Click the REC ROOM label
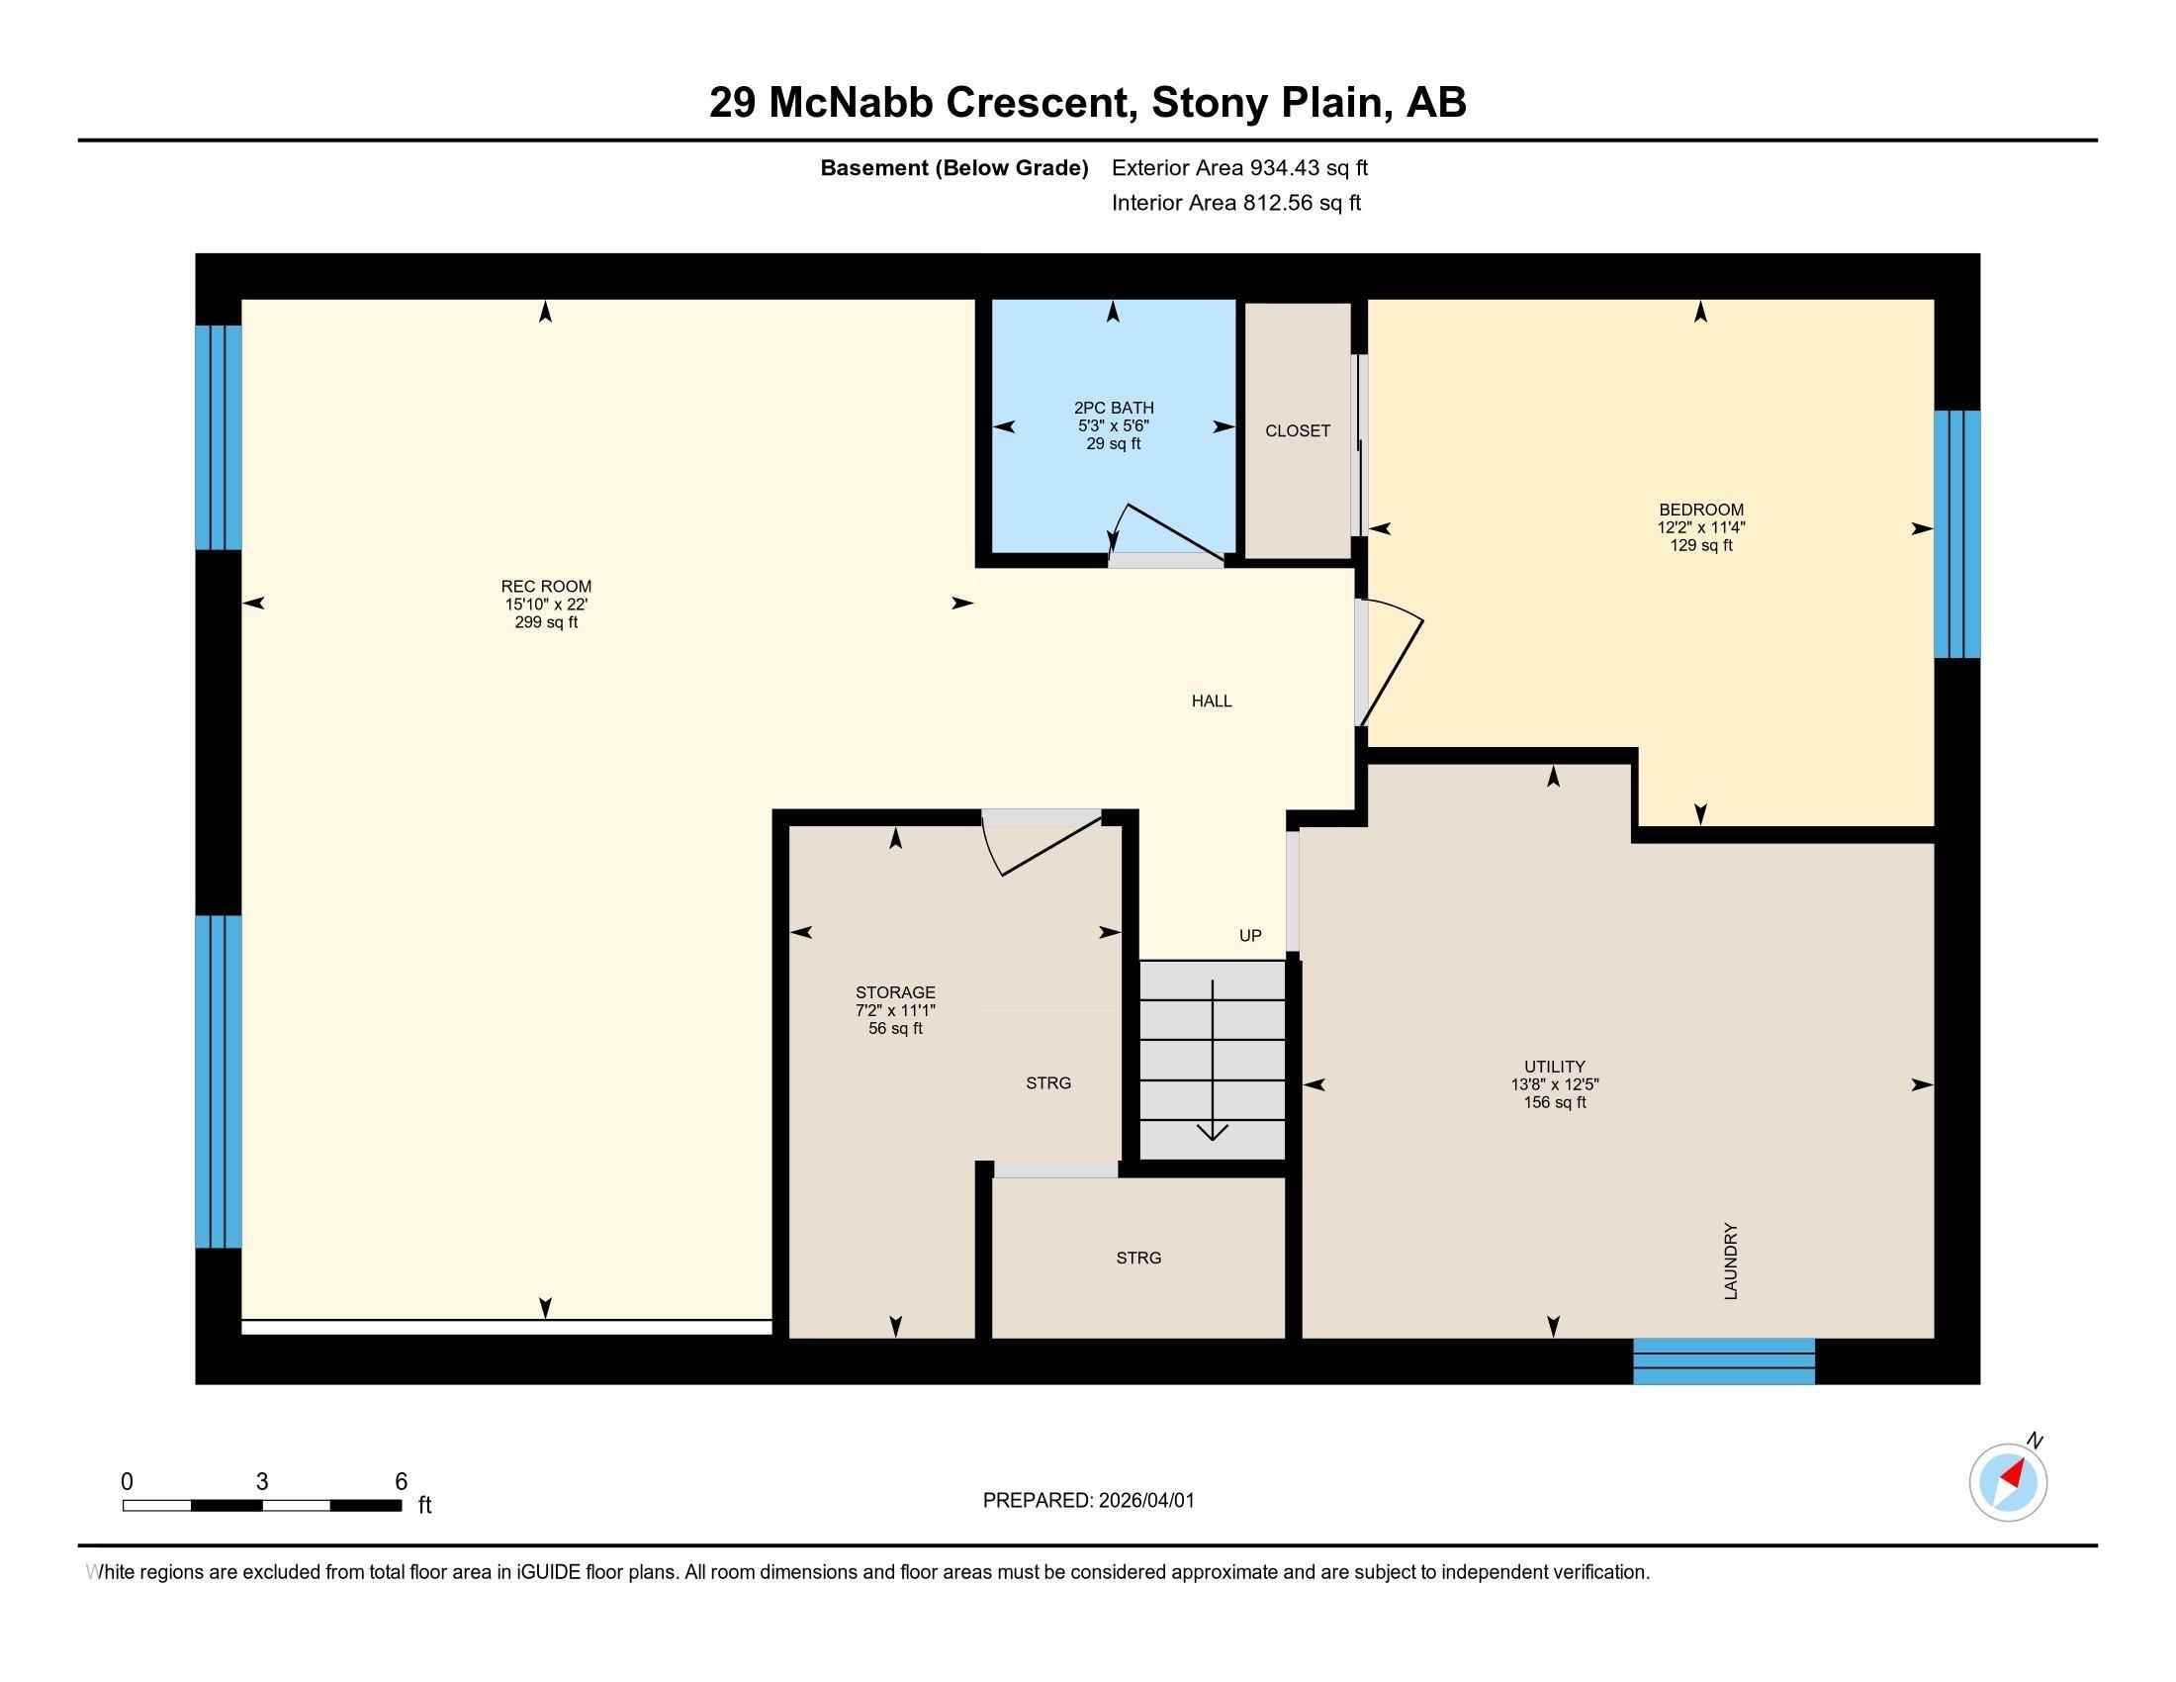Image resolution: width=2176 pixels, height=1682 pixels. [x=546, y=587]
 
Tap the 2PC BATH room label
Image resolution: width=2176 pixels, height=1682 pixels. [x=1114, y=408]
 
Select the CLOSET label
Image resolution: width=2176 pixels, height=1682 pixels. [x=1298, y=430]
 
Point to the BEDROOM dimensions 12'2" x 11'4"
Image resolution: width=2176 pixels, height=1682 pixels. [x=1701, y=528]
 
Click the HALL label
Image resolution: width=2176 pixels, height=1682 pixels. [x=1212, y=701]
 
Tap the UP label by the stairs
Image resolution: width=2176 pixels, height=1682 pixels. [x=1250, y=936]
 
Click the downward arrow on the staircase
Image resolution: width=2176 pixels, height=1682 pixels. [x=1213, y=1061]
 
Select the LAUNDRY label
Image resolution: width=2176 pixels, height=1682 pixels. [x=1731, y=1261]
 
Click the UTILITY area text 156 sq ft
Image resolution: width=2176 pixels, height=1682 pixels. [x=1554, y=1103]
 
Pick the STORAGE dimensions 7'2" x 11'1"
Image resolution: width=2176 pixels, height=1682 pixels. [x=895, y=1010]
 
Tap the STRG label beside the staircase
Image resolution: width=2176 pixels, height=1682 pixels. [x=1048, y=1083]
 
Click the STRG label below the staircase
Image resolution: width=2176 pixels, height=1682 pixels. [x=1138, y=1259]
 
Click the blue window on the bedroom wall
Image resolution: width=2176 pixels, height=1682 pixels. [x=1956, y=534]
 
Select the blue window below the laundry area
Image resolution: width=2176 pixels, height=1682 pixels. [x=1724, y=1361]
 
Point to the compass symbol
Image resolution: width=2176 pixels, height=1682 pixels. [x=2009, y=1480]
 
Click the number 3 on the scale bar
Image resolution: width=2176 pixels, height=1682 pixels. [x=262, y=1482]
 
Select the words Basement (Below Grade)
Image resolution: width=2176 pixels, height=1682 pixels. [x=953, y=168]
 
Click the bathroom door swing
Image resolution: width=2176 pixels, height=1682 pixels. [x=1166, y=533]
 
